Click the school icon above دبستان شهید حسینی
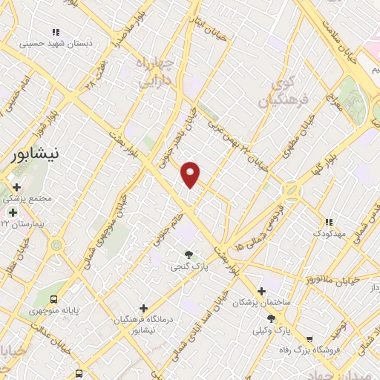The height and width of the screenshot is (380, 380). coord(55,32)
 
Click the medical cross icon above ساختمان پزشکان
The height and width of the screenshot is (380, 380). coord(261,291)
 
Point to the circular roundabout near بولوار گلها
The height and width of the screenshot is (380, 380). coord(292,191)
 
